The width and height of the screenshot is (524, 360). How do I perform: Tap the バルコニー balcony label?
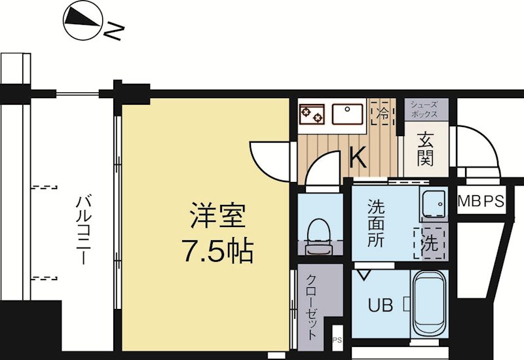click(83, 229)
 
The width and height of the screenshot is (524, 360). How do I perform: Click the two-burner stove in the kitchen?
click(312, 114)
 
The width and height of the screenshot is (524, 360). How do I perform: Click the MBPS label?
click(480, 202)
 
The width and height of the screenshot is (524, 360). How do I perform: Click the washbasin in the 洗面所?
click(432, 204)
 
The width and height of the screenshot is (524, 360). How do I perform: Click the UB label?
click(380, 305)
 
